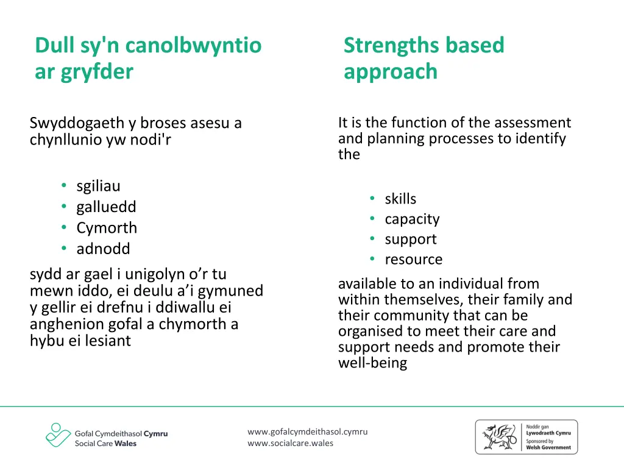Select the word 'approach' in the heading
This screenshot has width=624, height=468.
click(391, 72)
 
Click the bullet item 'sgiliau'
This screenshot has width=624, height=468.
click(98, 186)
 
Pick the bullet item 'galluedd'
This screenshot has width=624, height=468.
click(106, 207)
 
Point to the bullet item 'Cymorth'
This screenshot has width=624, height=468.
click(107, 228)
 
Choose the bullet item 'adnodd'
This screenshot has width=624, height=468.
click(103, 249)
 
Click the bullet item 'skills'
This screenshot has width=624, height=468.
click(400, 199)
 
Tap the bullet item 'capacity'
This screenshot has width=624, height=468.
click(412, 219)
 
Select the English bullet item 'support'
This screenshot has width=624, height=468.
click(411, 239)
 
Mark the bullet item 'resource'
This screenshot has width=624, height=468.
click(413, 259)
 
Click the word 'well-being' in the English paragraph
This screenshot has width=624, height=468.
click(372, 363)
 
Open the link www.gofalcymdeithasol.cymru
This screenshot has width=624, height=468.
click(307, 431)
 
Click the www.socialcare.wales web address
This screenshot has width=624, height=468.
click(290, 443)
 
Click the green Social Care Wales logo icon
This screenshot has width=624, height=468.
click(58, 435)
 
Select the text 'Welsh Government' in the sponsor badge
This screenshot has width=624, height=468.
click(548, 447)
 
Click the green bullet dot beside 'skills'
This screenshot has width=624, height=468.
click(372, 198)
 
